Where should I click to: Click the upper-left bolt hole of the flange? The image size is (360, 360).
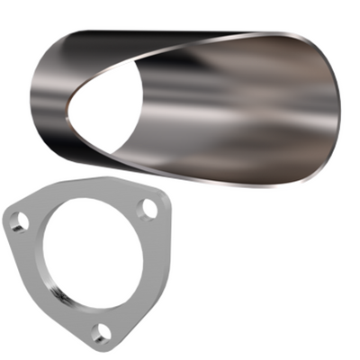coord(19,220)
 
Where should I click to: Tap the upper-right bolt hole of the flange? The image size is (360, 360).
coord(148,209)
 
